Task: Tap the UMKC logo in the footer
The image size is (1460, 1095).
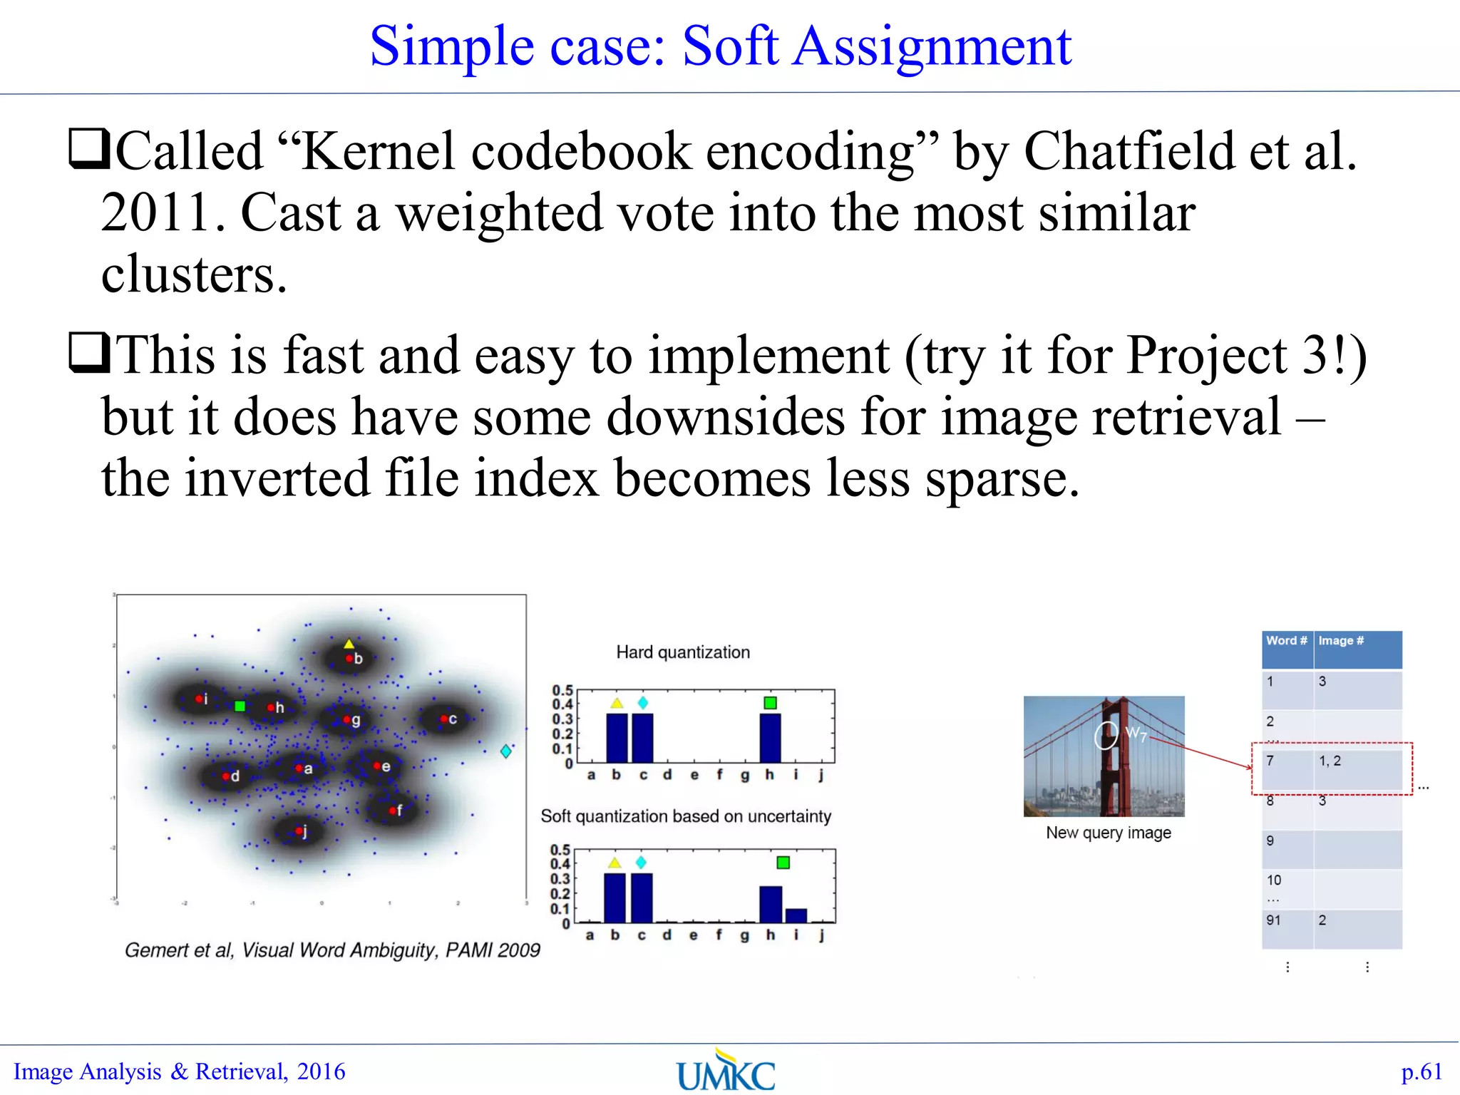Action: (726, 1071)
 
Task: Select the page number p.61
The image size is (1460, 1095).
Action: (1422, 1071)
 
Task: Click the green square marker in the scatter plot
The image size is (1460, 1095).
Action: (240, 706)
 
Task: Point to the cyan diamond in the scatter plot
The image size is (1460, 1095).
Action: (505, 751)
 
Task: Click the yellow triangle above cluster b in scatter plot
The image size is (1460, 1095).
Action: (349, 644)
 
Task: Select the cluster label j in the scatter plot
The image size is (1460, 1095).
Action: (305, 832)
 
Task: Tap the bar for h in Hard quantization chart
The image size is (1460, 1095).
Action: (770, 738)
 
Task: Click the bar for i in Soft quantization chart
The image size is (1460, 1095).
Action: (796, 915)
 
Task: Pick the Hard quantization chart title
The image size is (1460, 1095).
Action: (682, 652)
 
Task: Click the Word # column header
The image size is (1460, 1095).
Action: (1287, 641)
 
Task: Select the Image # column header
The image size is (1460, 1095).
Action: (1341, 641)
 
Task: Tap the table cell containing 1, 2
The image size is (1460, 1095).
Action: (1330, 761)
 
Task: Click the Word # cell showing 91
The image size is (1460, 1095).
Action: (1274, 920)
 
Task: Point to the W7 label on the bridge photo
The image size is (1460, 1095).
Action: (1136, 733)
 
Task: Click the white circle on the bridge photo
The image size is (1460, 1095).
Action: (1106, 735)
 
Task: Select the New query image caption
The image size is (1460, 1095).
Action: (1108, 832)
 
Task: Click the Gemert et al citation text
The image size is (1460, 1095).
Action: (332, 950)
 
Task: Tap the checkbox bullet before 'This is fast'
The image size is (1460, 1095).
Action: (88, 353)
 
